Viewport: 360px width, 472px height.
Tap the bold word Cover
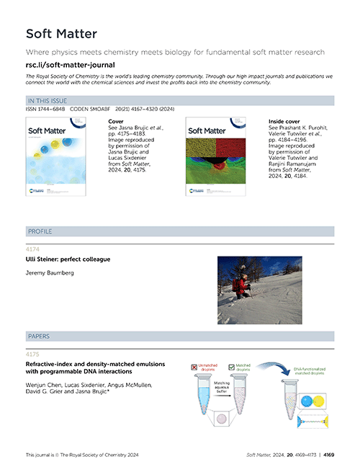115,123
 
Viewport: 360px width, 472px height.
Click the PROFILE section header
40,231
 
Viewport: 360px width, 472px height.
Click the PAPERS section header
39,336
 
